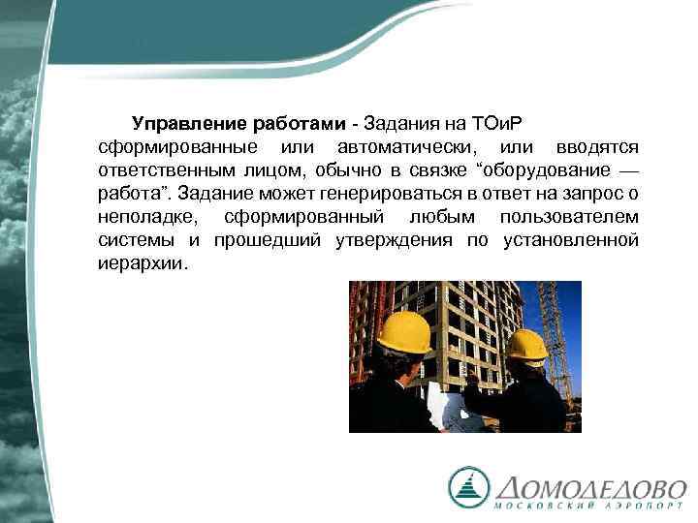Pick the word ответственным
[164, 170]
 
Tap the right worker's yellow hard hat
[526, 344]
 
